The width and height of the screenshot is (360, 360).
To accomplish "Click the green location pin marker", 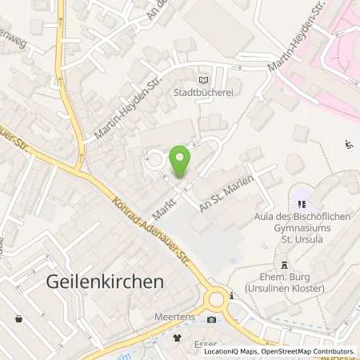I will tap(180, 162).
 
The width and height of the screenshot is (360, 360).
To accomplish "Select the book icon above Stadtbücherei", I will tap(202, 79).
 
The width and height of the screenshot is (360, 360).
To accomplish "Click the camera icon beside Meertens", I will tap(211, 319).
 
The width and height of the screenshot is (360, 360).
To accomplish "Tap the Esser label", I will tap(200, 336).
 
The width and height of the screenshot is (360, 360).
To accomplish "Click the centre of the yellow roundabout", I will tap(215, 300).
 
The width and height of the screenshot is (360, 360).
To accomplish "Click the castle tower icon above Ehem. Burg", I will tap(282, 266).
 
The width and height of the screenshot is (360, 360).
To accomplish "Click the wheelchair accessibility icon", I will tap(348, 145).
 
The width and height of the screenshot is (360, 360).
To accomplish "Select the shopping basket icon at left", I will tap(18, 318).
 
